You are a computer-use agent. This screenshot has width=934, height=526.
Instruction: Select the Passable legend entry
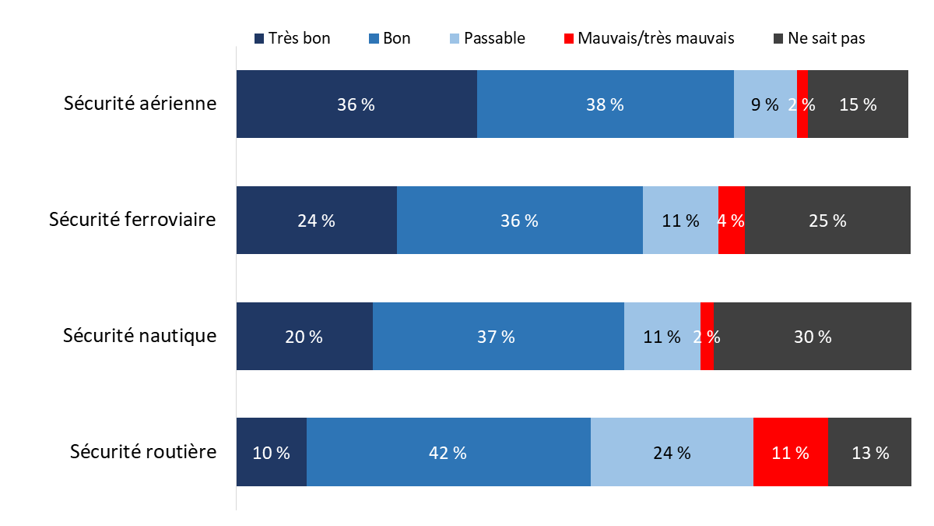(x=487, y=38)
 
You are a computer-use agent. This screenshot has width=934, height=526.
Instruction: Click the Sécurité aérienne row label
(x=140, y=104)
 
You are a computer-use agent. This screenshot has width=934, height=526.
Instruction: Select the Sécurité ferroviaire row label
(x=132, y=220)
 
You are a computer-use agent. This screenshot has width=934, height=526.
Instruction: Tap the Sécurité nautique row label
(x=139, y=336)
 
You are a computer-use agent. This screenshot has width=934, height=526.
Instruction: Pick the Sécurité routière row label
(x=142, y=452)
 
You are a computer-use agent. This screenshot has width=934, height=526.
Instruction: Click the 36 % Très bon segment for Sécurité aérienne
(x=356, y=104)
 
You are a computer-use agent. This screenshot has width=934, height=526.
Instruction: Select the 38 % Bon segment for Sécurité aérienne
(x=605, y=104)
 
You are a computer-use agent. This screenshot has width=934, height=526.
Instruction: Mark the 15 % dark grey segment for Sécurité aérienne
(x=858, y=104)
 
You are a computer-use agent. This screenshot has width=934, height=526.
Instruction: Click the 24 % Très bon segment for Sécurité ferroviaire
(x=316, y=221)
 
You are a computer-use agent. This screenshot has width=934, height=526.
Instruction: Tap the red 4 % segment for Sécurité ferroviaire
(x=732, y=221)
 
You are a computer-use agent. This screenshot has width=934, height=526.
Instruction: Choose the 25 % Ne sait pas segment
(x=827, y=221)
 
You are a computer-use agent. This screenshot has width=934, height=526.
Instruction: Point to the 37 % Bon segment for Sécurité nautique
(x=498, y=337)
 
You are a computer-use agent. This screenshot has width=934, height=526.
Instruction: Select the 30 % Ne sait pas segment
(x=813, y=337)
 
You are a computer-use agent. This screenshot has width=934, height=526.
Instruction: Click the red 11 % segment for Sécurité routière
(x=790, y=453)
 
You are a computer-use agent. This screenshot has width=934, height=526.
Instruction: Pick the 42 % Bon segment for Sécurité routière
(x=448, y=453)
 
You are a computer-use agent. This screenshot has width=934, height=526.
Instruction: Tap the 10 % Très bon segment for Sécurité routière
(x=271, y=453)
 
